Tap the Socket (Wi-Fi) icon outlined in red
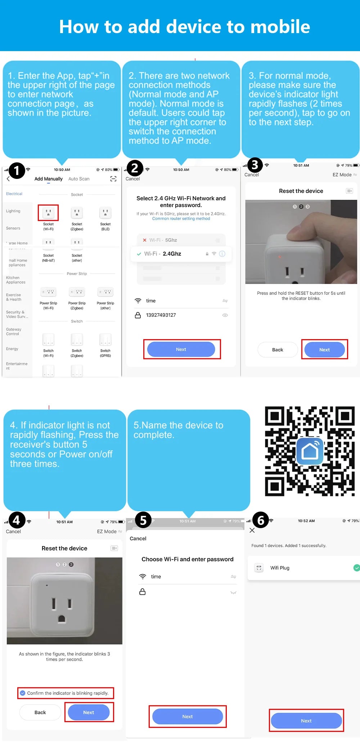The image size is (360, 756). pos(48,213)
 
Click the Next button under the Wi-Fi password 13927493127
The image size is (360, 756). pos(181,349)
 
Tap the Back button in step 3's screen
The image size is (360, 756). pos(278,350)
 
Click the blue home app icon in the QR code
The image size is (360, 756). pos(310,451)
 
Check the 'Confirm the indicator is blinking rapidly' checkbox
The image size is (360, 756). pos(23,693)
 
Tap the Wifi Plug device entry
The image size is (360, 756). pos(280,568)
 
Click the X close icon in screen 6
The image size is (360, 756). pos(252,530)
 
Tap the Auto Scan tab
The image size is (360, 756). pos(79,179)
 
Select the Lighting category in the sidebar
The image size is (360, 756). pos(13,211)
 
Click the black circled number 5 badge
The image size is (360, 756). pos(143,520)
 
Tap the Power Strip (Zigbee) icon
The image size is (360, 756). pos(77,292)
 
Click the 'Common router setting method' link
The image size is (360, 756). pos(181,219)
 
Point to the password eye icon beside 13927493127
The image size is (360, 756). pos(225,315)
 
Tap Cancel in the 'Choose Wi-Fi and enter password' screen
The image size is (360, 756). pos(138,539)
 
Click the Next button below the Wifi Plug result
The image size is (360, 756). pos(306,721)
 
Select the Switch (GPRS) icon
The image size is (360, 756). pos(105,339)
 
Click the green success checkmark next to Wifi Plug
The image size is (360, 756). pos(356,568)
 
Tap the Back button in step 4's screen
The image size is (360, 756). pos(40,712)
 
